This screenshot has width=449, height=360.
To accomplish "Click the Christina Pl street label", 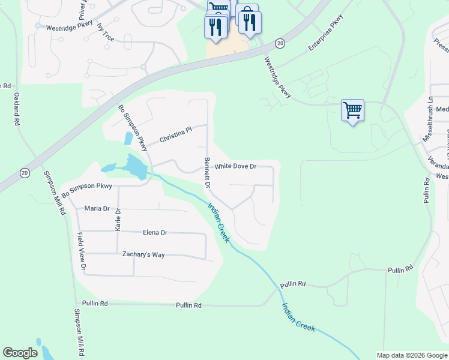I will (175, 135).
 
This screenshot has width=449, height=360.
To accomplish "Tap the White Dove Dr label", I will (235, 166).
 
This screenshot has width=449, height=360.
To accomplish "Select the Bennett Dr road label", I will (207, 173).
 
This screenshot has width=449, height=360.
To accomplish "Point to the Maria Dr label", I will (97, 209).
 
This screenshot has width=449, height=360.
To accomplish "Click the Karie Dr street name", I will (118, 220).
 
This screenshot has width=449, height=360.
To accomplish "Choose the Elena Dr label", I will (155, 233).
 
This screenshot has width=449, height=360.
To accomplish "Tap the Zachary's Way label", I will (143, 255).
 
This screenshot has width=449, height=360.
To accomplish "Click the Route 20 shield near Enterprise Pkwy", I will (280, 43).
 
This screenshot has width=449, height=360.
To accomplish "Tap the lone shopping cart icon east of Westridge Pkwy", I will (352, 110).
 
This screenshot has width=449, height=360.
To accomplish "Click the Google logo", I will (20, 353).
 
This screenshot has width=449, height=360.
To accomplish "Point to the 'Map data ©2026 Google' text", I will (411, 355).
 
